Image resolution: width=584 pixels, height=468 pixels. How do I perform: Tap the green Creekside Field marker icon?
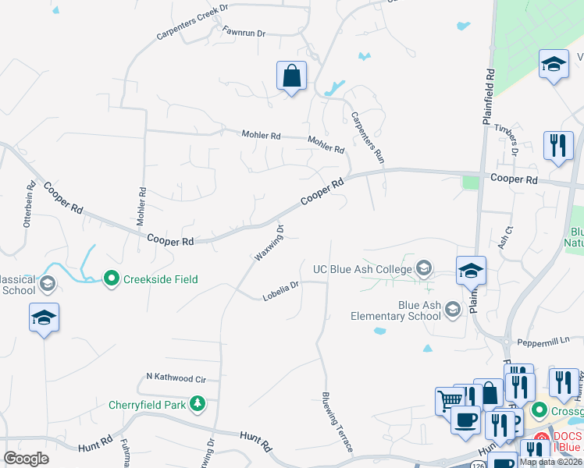[x=112, y=278]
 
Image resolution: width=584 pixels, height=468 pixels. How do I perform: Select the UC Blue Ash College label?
[x=363, y=269]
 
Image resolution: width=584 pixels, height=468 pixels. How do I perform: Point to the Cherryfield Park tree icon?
[x=198, y=403]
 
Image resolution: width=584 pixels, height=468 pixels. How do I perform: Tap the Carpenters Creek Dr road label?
[x=192, y=22]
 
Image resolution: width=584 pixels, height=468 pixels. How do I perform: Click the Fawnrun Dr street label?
[x=244, y=34]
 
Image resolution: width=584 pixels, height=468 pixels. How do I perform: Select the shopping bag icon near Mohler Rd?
[x=291, y=76]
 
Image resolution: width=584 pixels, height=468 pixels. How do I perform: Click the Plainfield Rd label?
[x=490, y=97]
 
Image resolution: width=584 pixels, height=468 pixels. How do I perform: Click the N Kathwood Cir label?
[x=176, y=378]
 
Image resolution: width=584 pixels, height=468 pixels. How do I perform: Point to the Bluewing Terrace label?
[x=337, y=421]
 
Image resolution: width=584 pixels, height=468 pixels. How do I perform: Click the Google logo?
[x=27, y=459]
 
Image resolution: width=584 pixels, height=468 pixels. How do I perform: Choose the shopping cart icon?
[x=449, y=401]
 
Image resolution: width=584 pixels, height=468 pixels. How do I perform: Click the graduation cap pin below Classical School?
[x=45, y=317]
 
